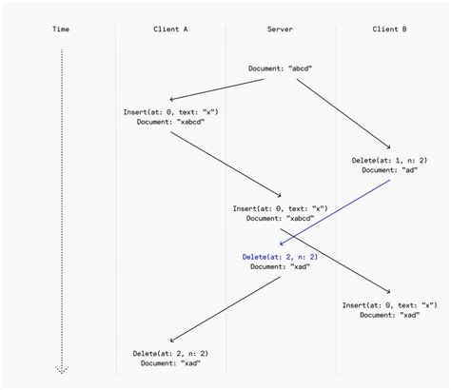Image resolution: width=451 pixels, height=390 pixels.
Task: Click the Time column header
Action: click(62, 29)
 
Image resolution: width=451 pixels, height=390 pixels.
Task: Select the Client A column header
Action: click(170, 29)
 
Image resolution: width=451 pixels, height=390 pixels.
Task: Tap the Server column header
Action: click(280, 29)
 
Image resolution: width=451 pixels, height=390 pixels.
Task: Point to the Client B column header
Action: click(389, 29)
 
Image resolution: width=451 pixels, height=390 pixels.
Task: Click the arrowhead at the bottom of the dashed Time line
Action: click(62, 369)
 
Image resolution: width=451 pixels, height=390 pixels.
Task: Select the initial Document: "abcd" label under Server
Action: click(280, 68)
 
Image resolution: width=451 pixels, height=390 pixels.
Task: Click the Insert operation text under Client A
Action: click(171, 112)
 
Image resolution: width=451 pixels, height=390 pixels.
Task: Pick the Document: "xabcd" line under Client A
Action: click(171, 123)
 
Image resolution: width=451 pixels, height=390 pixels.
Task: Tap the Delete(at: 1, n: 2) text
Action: click(389, 160)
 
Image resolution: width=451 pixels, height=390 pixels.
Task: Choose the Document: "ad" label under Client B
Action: click(389, 170)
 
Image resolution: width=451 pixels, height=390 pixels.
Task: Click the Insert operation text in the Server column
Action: click(280, 208)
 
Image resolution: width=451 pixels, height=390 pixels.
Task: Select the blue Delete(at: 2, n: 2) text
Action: click(280, 257)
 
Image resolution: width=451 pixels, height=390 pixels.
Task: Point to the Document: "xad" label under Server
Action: click(280, 267)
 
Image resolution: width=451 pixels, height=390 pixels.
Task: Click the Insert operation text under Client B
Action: click(389, 304)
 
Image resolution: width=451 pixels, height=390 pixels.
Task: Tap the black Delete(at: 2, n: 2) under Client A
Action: click(171, 353)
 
